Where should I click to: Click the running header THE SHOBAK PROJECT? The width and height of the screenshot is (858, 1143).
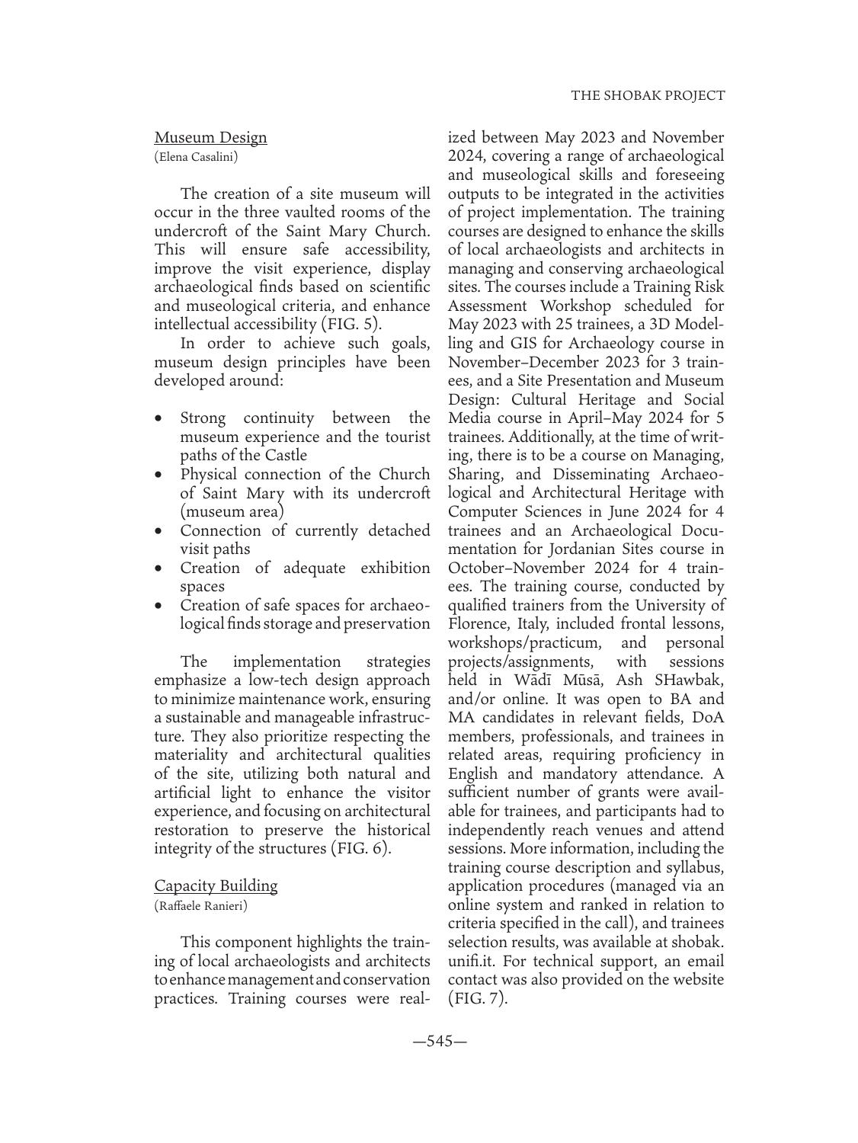(648, 96)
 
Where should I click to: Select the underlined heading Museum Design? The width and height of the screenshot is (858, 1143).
(210, 138)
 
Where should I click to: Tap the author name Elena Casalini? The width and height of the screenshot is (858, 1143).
(196, 158)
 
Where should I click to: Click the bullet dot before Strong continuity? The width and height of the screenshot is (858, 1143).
(158, 419)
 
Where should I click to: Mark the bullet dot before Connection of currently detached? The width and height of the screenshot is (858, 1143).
(158, 531)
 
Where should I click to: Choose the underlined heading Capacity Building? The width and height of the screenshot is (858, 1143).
(216, 885)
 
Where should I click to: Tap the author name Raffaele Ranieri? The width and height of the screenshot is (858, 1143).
(200, 906)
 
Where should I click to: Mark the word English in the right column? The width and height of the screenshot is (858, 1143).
(472, 773)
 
